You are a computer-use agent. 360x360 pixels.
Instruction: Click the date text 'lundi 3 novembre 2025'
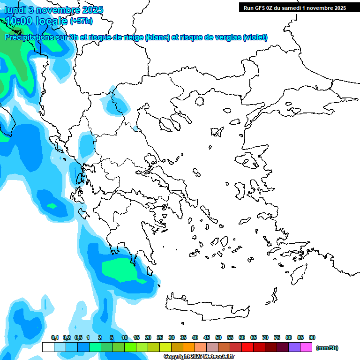tap(54, 10)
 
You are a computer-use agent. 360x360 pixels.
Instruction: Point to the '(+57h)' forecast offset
tap(81, 21)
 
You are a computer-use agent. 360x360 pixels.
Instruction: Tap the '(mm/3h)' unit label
tap(327, 348)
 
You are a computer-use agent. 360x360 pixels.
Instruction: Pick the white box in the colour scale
tap(48, 347)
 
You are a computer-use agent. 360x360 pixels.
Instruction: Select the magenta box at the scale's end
tap(306, 347)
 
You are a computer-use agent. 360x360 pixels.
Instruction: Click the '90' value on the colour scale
tap(312, 337)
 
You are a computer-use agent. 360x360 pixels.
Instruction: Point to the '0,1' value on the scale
tap(55, 337)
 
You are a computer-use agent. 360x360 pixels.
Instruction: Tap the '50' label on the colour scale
tap(218, 337)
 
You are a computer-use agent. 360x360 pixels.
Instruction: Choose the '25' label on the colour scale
tap(160, 337)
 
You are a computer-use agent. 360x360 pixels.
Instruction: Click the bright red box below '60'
tap(247, 347)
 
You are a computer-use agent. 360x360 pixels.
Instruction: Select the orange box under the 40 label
tap(189, 347)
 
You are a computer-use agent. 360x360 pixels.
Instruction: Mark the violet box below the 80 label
tap(294, 347)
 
